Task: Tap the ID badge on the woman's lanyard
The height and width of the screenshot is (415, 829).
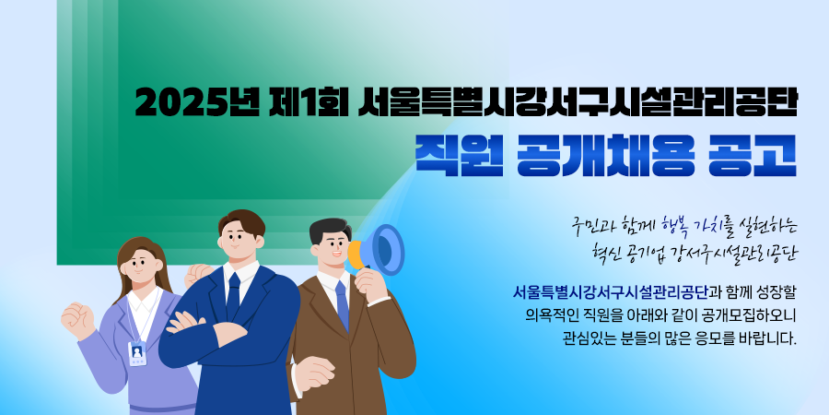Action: pos(137,353)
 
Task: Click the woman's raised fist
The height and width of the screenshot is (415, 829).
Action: pos(77,320)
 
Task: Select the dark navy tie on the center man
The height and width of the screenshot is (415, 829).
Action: pos(233,296)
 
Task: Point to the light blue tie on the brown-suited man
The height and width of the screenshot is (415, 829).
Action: pos(342,305)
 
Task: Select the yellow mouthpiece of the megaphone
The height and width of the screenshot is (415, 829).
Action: pos(355,255)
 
